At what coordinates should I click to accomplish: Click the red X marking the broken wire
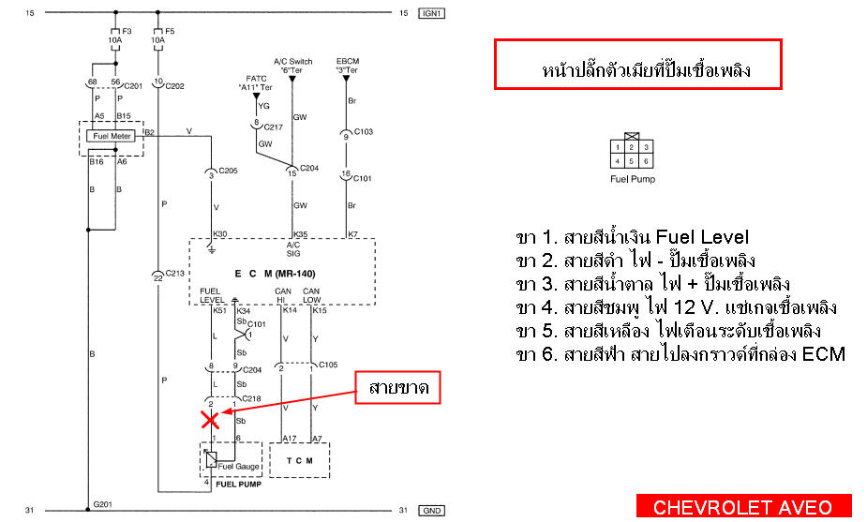[x=210, y=420]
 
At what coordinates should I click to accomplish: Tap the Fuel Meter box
[x=111, y=136]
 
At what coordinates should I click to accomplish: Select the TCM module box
[x=299, y=460]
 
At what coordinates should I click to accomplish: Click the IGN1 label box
[x=432, y=13]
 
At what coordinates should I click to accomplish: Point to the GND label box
[x=432, y=511]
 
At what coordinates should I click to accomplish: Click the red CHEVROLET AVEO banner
[x=743, y=506]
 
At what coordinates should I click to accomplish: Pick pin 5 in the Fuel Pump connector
[x=632, y=161]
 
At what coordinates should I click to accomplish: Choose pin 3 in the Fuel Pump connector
[x=646, y=147]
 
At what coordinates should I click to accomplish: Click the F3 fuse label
[x=127, y=32]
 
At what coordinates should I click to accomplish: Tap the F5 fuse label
[x=170, y=32]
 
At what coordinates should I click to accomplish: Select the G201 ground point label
[x=102, y=504]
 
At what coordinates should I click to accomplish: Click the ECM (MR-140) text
[x=275, y=274]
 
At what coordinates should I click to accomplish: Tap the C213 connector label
[x=174, y=273]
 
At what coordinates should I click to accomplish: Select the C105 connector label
[x=328, y=365]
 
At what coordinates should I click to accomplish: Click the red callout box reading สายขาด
[x=397, y=387]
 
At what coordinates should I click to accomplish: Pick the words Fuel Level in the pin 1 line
[x=702, y=237]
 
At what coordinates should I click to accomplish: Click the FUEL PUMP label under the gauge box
[x=238, y=485]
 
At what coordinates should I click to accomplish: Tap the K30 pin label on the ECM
[x=219, y=234]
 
